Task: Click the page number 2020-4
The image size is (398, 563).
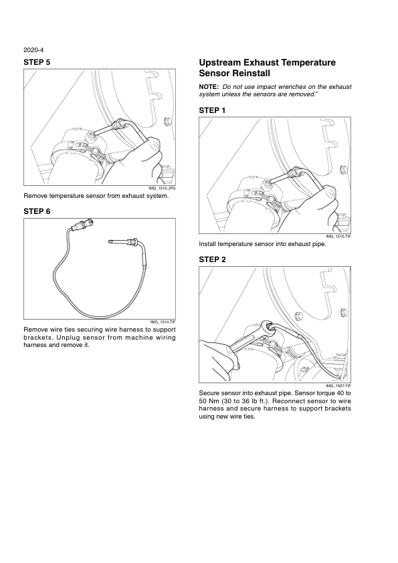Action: click(33, 50)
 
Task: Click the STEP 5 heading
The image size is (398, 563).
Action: click(37, 62)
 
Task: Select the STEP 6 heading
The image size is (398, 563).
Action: click(37, 211)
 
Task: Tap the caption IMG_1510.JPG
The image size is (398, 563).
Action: click(163, 188)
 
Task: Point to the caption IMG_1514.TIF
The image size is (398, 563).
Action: click(163, 322)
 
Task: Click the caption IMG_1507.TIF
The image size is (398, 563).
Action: click(338, 386)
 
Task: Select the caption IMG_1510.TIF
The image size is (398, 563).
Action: click(338, 237)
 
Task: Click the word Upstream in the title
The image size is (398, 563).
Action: click(220, 63)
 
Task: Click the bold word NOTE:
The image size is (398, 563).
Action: click(209, 87)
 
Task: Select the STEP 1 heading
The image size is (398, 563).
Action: click(212, 110)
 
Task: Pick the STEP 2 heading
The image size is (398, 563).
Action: click(212, 259)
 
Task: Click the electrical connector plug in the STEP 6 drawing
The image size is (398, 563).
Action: click(84, 225)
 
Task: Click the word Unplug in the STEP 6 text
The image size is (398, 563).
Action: click(68, 338)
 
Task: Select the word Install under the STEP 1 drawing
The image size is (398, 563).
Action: click(207, 244)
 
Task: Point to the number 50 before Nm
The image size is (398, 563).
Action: click(203, 401)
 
